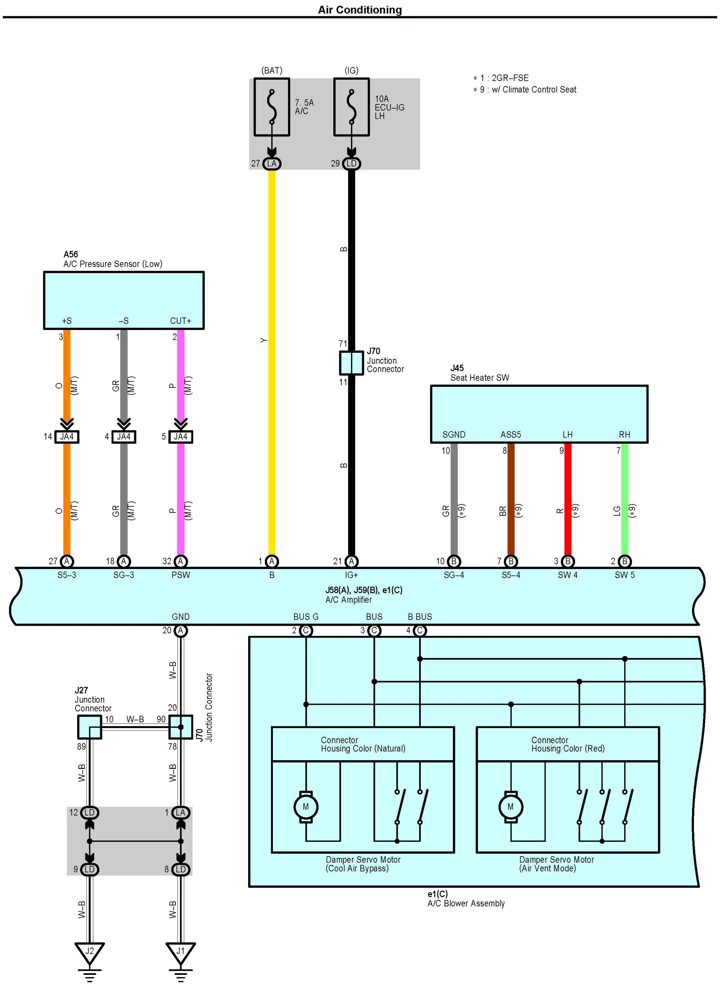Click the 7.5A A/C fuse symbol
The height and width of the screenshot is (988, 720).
tap(272, 107)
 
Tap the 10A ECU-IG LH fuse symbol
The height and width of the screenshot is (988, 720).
tap(351, 107)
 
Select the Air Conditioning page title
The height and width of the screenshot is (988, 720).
tap(360, 10)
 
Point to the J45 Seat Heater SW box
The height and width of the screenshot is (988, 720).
tap(539, 414)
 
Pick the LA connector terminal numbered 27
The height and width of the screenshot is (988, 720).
tap(272, 164)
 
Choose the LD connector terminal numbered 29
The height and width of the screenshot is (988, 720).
tap(351, 164)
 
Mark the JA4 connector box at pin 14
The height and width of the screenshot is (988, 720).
tap(67, 436)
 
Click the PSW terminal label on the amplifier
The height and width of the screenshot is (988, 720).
tap(181, 575)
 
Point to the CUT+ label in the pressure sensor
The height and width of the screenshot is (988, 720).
tap(181, 321)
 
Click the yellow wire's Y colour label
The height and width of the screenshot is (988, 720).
tap(263, 340)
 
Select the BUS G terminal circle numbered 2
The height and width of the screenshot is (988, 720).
tap(306, 630)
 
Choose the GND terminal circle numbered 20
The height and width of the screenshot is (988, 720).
tap(181, 630)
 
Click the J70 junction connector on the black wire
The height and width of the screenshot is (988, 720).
tap(351, 363)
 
